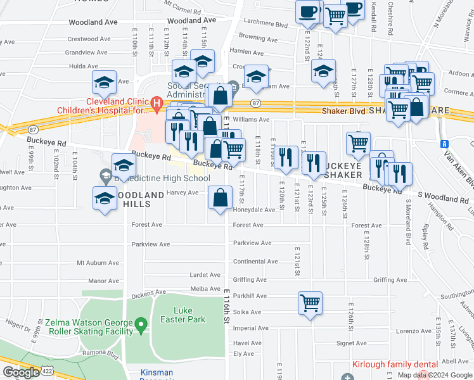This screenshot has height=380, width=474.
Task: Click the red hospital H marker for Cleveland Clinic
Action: click(x=157, y=102)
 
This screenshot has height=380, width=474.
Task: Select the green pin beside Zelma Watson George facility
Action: click(x=142, y=325)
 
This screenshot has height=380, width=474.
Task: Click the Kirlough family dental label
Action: click(x=395, y=365)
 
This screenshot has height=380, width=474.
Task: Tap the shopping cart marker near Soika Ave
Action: click(x=310, y=303)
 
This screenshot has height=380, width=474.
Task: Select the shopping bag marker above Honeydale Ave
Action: click(x=219, y=198)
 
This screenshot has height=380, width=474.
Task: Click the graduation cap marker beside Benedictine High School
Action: click(x=124, y=165)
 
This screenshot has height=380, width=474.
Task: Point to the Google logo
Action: click(x=21, y=372)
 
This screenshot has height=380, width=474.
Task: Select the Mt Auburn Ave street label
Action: click(x=98, y=262)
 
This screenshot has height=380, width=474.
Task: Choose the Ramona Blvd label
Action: click(x=104, y=355)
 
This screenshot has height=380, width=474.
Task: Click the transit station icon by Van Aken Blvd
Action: click(x=444, y=144)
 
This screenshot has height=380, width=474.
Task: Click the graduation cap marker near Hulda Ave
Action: click(x=104, y=82)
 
